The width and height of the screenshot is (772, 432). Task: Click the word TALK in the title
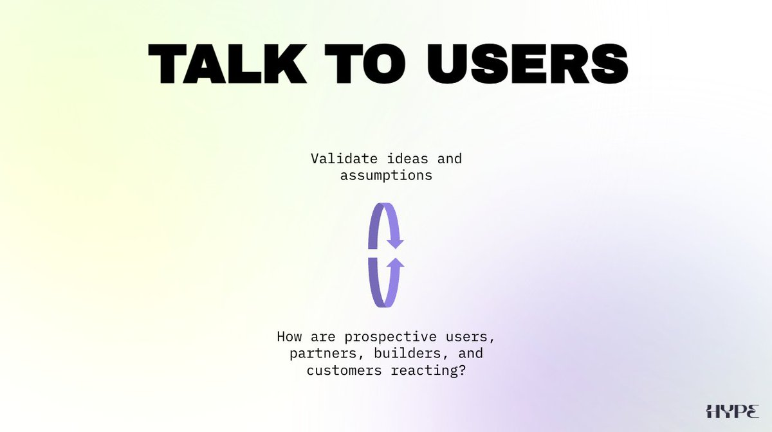pos(228,64)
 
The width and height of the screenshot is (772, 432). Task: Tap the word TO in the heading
pos(365,64)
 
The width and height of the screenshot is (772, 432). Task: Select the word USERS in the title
pos(528,64)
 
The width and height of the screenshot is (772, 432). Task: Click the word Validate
pos(344,159)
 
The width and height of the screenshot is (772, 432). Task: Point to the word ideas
pos(408,159)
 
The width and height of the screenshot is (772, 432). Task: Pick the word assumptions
pos(387,176)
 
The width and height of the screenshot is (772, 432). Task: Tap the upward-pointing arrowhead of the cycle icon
pos(395,262)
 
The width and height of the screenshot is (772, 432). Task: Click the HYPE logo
pos(732,411)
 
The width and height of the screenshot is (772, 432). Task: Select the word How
pos(289,337)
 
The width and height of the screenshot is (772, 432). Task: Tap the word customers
pos(344,371)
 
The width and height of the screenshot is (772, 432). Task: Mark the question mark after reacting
pos(462,370)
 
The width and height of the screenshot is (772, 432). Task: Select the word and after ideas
pos(450,159)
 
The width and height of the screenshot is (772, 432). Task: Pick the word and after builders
pos(471,354)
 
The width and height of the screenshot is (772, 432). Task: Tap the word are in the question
pos(323,337)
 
